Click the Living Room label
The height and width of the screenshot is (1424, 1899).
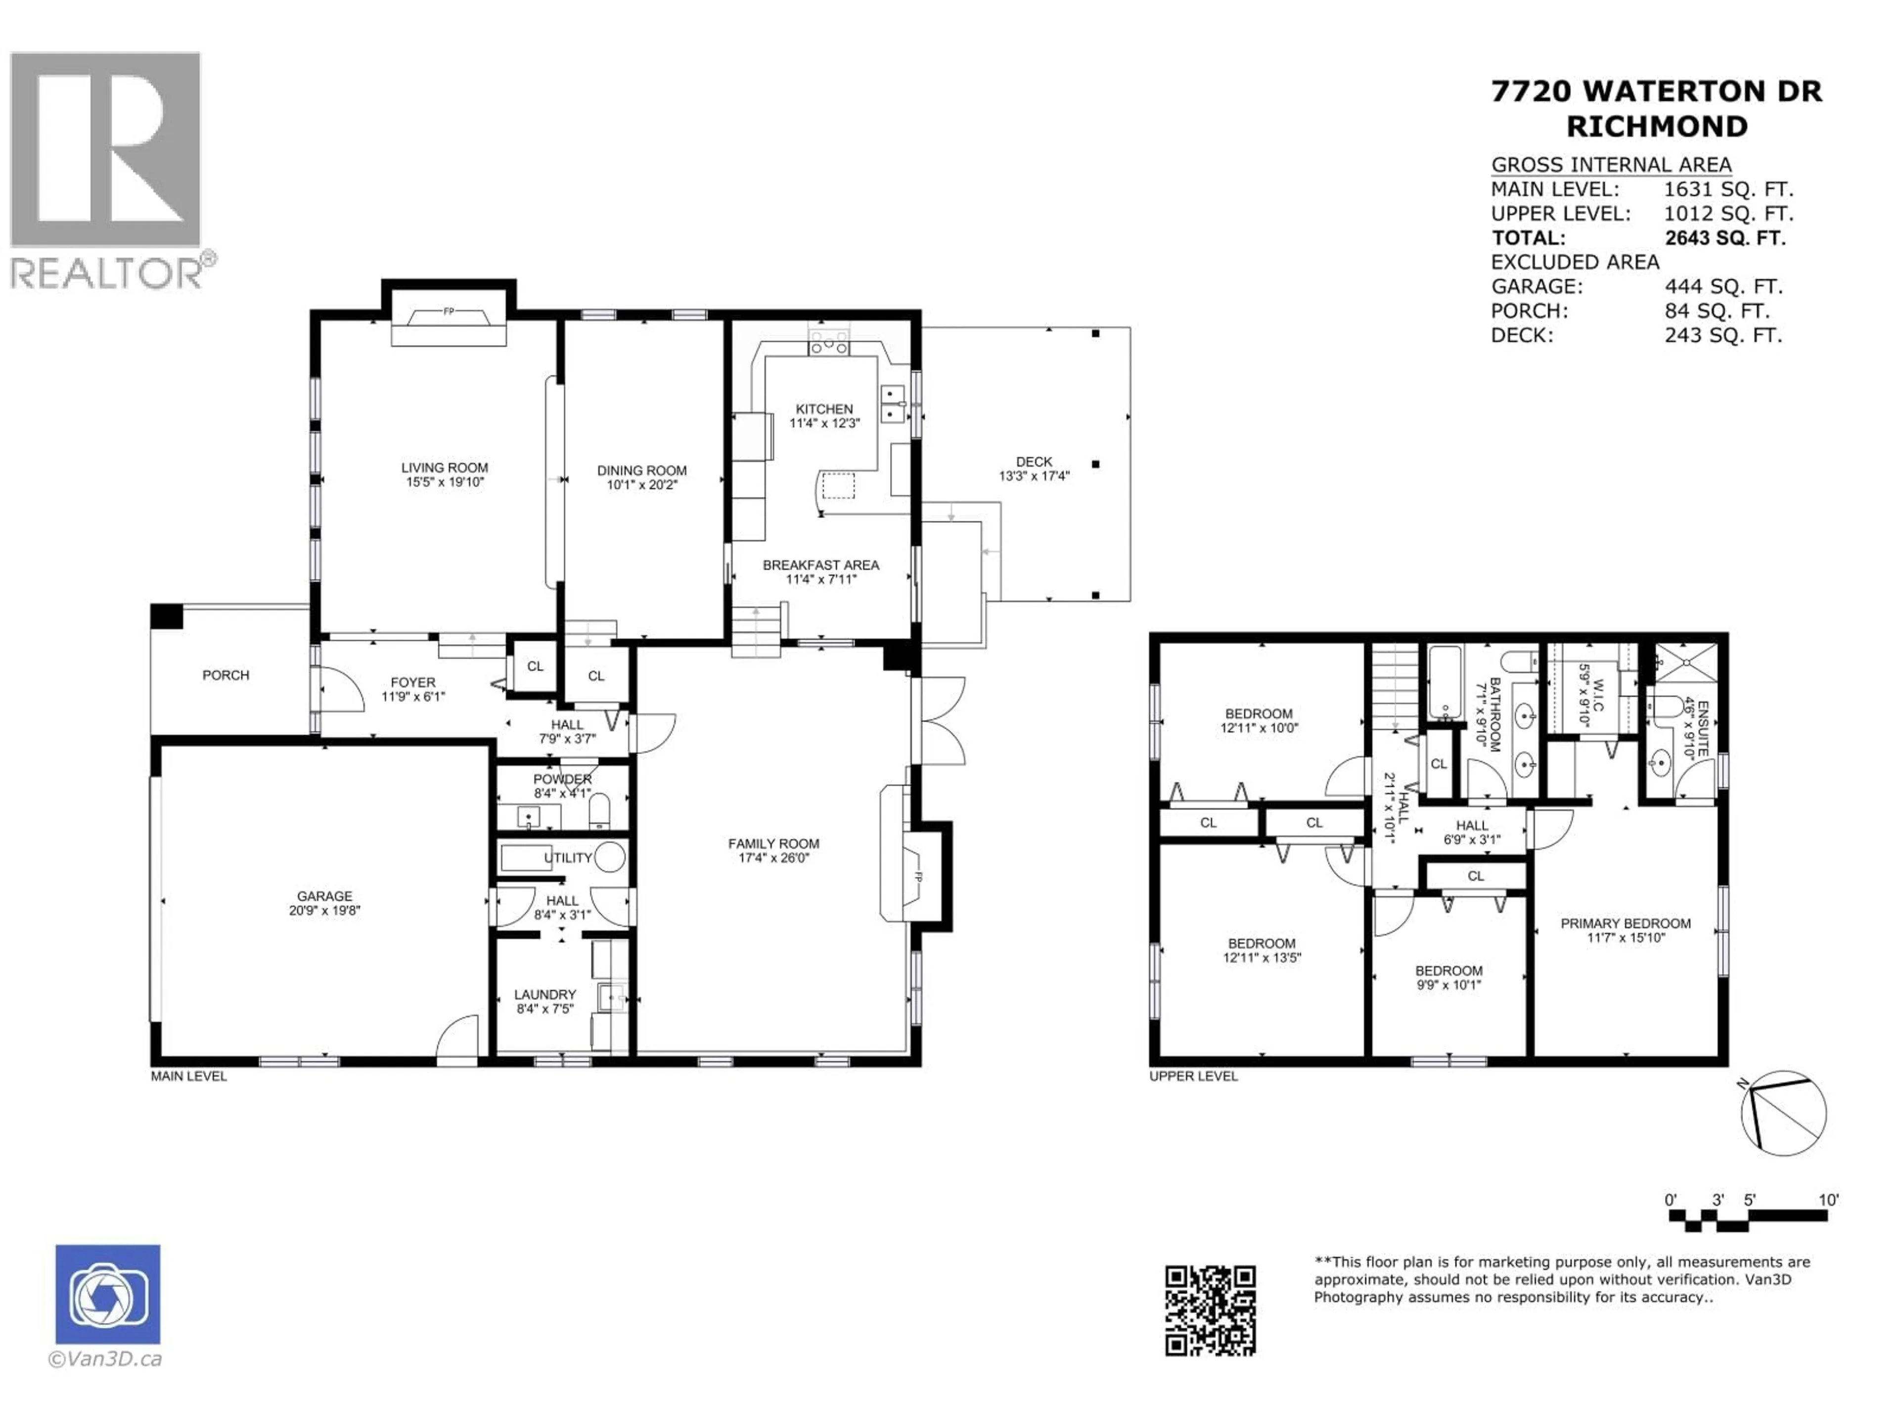pos(444,468)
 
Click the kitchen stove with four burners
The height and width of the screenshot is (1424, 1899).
pos(828,343)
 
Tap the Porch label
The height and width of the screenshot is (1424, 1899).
pos(226,675)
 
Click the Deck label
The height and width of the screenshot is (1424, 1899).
pos(1034,462)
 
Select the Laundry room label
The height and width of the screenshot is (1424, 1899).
pos(544,995)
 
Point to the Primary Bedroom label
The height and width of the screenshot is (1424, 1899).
pos(1625,924)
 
